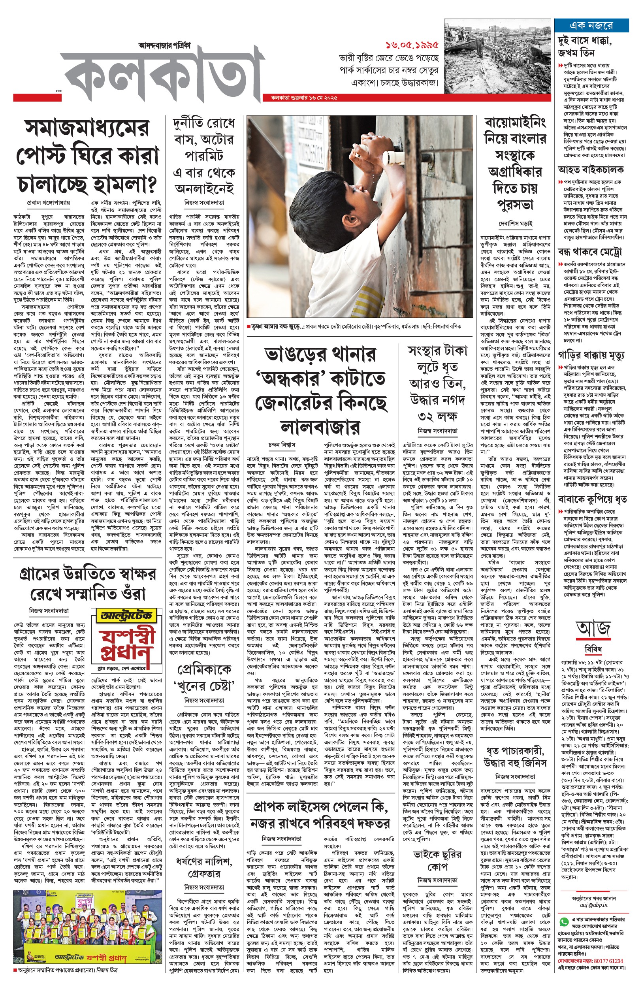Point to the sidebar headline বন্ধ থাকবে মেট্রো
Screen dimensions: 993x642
click(589, 252)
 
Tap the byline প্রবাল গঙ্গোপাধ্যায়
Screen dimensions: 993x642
click(48, 203)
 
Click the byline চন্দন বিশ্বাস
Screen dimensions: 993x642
click(282, 445)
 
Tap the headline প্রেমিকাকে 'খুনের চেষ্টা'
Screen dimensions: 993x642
click(204, 677)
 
